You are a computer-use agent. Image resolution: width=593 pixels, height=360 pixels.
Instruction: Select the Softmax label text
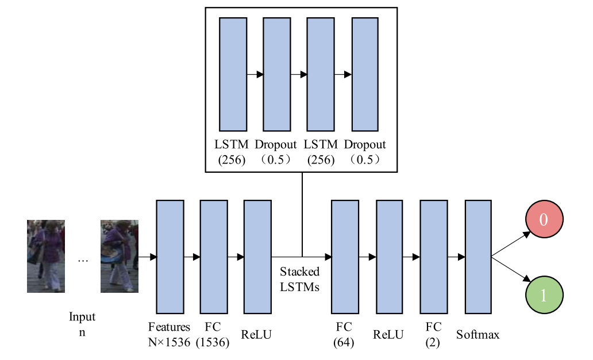click(478, 334)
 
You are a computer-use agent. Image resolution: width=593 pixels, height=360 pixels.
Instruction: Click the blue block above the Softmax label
click(478, 256)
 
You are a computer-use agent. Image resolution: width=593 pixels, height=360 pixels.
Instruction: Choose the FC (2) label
click(434, 333)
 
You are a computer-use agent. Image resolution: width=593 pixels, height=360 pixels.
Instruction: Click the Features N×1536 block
click(170, 256)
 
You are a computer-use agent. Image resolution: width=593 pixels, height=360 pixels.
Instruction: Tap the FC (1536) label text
click(213, 334)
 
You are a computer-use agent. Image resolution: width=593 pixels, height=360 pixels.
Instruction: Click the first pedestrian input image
click(46, 256)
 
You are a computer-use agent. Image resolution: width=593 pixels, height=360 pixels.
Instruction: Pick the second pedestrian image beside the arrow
click(119, 256)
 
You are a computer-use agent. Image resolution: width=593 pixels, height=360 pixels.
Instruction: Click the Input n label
click(82, 324)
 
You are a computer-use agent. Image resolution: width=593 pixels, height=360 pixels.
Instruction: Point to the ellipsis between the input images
click(83, 261)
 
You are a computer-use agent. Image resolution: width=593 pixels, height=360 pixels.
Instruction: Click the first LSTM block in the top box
click(233, 74)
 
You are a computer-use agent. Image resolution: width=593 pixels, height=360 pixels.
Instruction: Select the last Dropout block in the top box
click(365, 74)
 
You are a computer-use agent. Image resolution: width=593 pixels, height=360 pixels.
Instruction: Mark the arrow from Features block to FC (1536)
click(192, 257)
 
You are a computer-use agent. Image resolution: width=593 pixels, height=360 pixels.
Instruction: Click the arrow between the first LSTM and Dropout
click(255, 75)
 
